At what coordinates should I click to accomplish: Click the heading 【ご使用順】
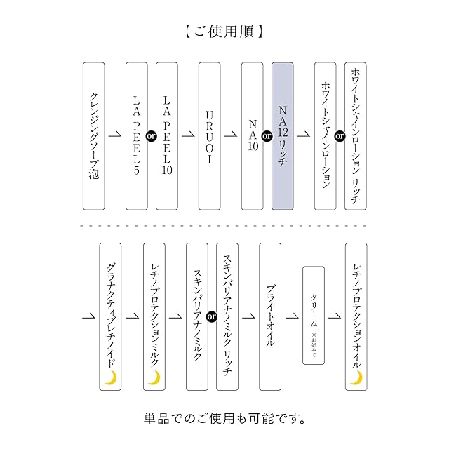[x=223, y=32]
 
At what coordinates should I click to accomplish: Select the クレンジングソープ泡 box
[x=94, y=136]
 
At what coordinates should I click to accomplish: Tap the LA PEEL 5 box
[x=137, y=136]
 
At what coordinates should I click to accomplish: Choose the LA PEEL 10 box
[x=167, y=136]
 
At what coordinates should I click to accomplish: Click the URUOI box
[x=210, y=136]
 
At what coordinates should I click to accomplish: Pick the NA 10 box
[x=253, y=136]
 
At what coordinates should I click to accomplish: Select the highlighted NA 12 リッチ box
[x=283, y=136]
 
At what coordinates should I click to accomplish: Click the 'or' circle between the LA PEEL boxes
[x=152, y=136]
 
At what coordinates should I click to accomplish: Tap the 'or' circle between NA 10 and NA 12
[x=267, y=136]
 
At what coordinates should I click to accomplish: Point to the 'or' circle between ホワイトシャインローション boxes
[x=340, y=136]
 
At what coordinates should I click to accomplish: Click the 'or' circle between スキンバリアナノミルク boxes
[x=212, y=316]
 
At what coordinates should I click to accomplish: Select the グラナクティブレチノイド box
[x=110, y=316]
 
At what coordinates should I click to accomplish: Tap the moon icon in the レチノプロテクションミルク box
[x=154, y=377]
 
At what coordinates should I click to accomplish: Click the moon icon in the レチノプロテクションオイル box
[x=356, y=377]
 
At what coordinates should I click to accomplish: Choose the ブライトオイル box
[x=270, y=316]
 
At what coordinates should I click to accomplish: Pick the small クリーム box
[x=314, y=315]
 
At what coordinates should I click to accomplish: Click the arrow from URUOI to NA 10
[x=231, y=135]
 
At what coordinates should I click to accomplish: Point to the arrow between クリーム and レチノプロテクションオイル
[x=335, y=316]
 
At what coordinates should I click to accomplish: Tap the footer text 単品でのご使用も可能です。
[x=224, y=419]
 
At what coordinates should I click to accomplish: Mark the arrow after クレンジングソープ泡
[x=115, y=135]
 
